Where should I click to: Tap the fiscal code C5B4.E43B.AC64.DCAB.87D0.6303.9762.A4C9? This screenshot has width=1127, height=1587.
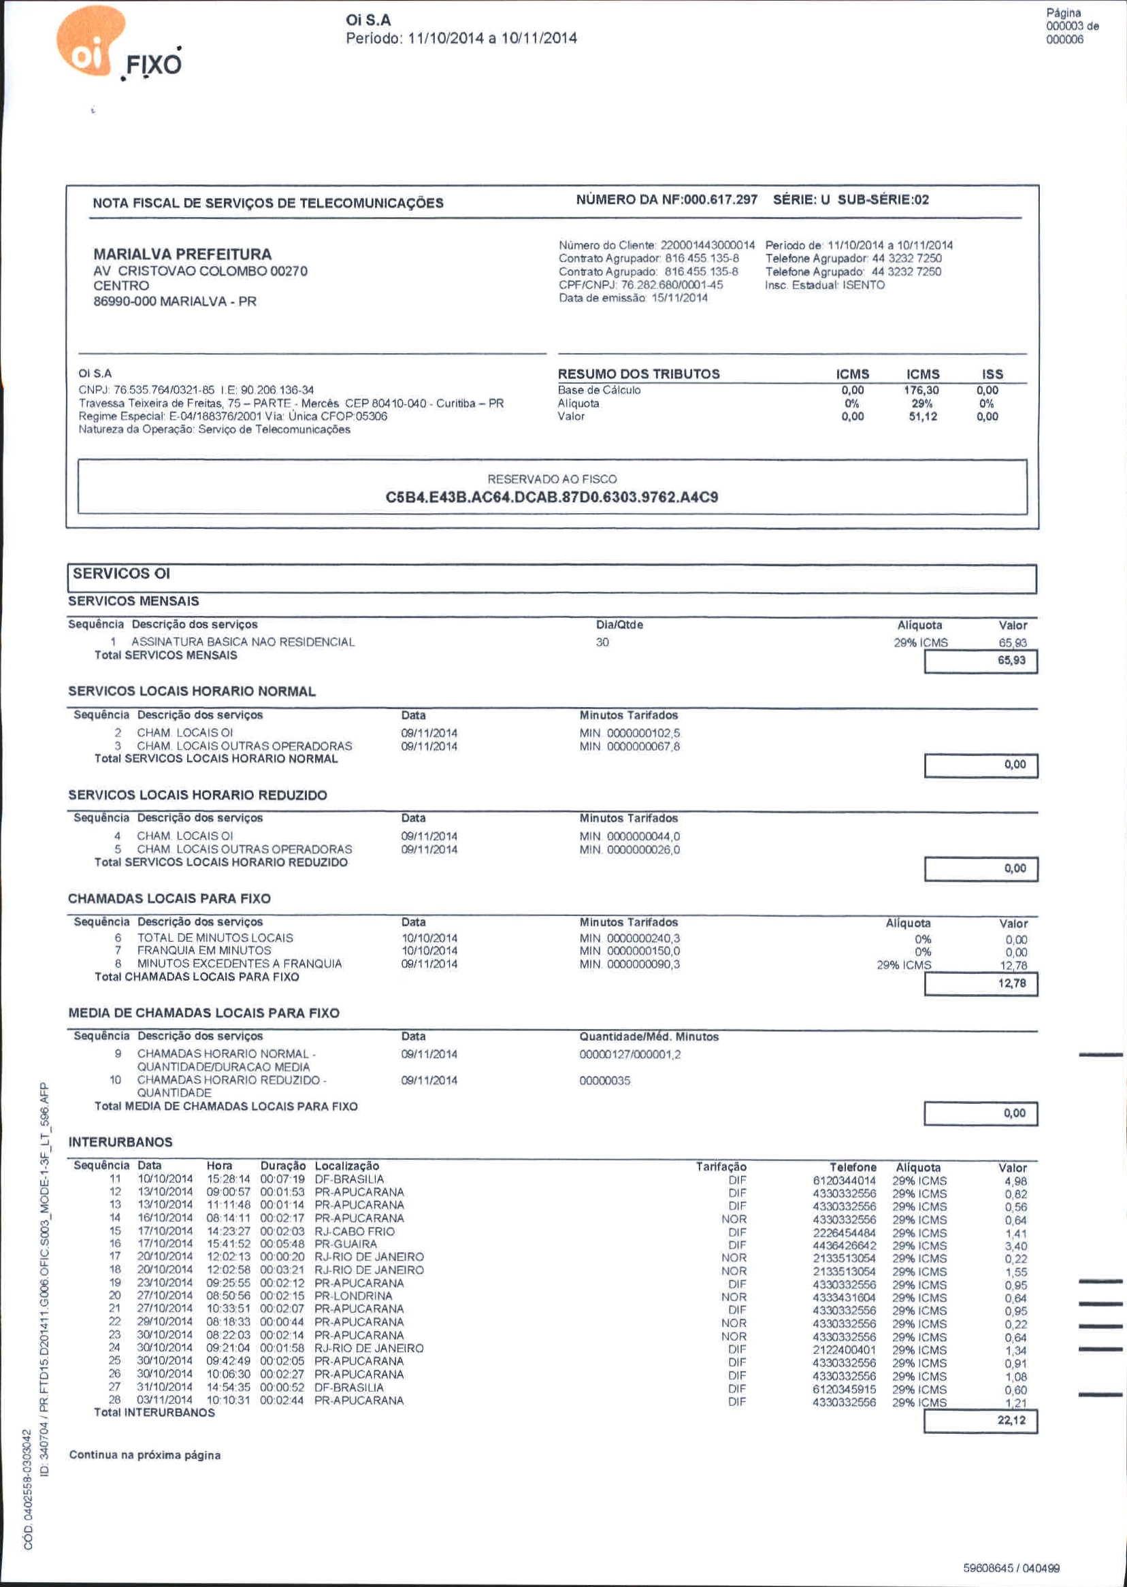[552, 497]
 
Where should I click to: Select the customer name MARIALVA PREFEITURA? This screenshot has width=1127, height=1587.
[182, 254]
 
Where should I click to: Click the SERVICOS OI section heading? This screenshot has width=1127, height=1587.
[121, 574]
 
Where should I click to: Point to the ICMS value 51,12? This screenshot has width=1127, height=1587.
[922, 416]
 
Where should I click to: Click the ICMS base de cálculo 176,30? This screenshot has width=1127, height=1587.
[921, 391]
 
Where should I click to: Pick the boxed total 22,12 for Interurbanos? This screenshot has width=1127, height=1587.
[1011, 1420]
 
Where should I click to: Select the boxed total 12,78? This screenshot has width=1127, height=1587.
[1011, 983]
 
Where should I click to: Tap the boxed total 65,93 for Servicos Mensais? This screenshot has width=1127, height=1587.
[1011, 660]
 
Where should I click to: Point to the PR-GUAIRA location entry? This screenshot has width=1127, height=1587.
[346, 1244]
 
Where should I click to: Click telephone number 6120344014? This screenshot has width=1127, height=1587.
[844, 1180]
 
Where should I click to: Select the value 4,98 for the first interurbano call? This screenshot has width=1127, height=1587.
[1015, 1181]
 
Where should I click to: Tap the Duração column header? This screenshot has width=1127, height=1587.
[282, 1166]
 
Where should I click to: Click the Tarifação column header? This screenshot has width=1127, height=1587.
[721, 1167]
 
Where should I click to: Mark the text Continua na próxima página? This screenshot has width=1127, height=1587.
[145, 1455]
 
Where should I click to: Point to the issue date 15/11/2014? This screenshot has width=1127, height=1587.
[679, 297]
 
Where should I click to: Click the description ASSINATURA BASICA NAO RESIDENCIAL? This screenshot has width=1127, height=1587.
[243, 642]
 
